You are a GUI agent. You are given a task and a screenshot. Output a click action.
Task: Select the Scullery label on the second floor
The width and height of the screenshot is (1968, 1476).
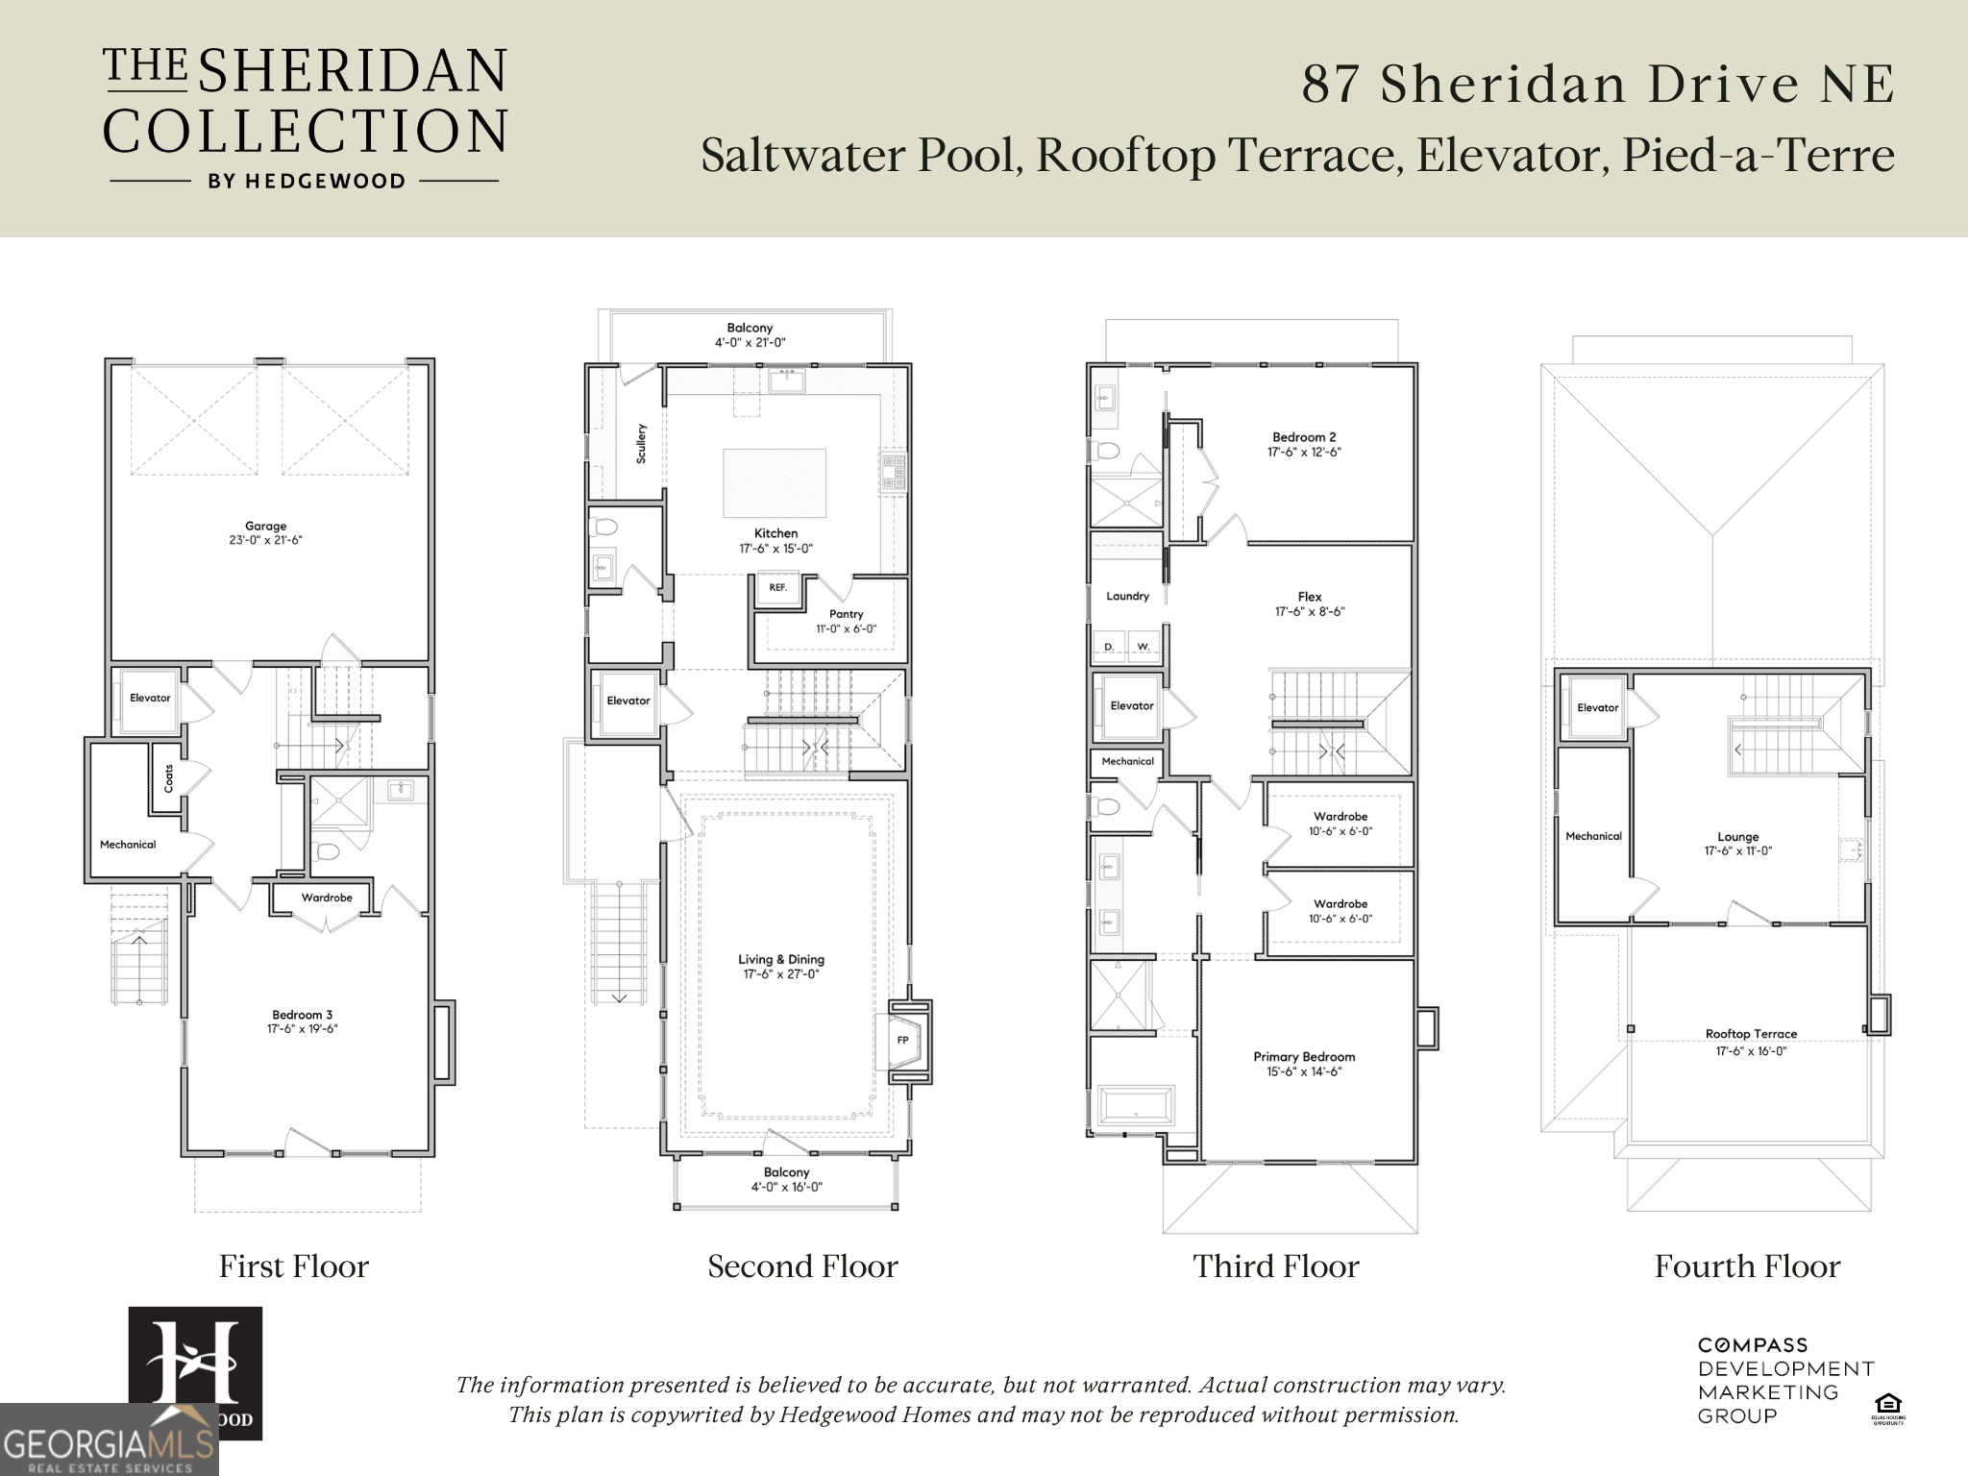tap(641, 443)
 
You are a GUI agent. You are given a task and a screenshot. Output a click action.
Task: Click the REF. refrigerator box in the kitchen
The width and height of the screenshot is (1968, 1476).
tap(777, 587)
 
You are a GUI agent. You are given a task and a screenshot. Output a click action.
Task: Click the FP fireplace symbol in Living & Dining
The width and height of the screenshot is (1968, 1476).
tap(903, 1040)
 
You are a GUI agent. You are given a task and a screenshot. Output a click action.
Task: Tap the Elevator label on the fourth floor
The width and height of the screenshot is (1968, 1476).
tap(1597, 707)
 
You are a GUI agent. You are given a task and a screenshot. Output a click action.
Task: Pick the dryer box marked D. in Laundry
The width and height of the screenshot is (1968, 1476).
tap(1109, 647)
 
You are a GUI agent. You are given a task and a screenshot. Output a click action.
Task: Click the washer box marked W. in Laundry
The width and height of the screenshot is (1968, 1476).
tap(1144, 647)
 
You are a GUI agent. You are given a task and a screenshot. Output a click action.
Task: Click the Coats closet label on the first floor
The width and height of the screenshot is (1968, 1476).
tap(170, 777)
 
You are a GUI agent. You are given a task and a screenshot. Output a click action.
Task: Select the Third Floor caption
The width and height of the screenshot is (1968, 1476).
tap(1276, 1267)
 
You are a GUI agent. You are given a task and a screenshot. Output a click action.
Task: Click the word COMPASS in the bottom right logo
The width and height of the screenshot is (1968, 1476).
tap(1753, 1345)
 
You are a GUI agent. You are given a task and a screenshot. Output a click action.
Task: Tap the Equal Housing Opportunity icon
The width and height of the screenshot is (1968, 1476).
tap(1887, 1407)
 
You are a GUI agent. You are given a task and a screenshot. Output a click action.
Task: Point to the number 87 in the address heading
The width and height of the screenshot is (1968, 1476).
tap(1330, 85)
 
